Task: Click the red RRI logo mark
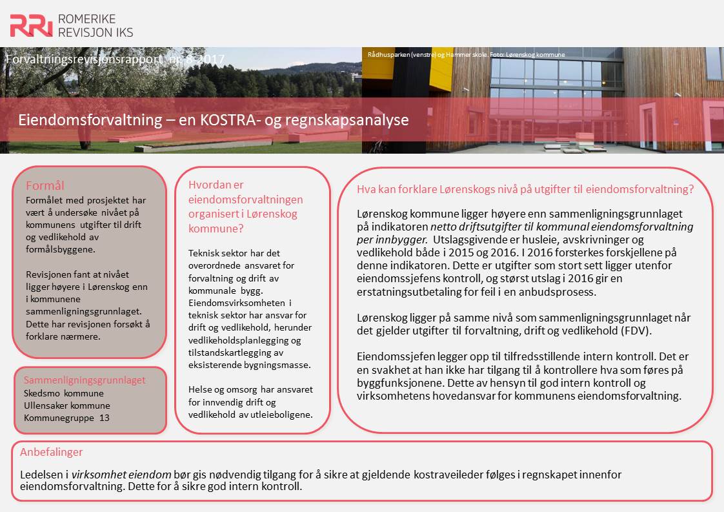(31, 25)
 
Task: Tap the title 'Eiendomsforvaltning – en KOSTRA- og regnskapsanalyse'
(213, 120)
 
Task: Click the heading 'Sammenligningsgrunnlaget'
(85, 380)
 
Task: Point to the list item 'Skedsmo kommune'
(63, 393)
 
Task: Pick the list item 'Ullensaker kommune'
(66, 405)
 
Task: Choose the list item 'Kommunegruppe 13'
(66, 418)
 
